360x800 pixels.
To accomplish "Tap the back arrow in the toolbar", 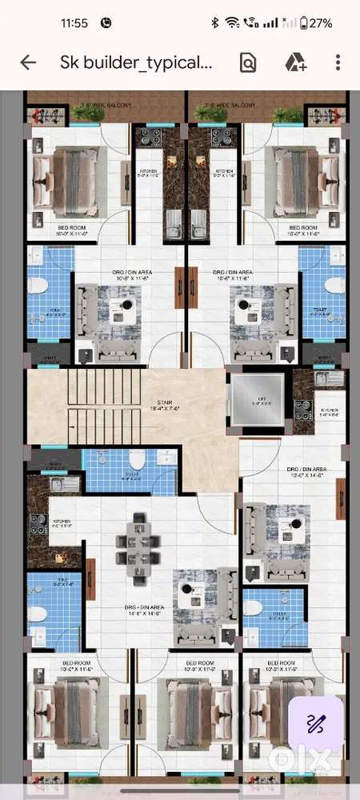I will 28,63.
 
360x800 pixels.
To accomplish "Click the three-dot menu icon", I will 338,63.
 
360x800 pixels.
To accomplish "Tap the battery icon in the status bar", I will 305,23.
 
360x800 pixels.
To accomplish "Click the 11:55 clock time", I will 74,23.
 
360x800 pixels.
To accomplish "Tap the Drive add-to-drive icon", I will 296,63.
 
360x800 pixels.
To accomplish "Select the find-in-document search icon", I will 248,63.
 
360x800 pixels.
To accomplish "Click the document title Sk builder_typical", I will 136,63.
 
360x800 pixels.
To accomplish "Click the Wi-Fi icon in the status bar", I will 232,23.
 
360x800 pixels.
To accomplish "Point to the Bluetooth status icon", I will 214,23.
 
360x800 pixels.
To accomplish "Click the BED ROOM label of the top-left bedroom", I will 71,229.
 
